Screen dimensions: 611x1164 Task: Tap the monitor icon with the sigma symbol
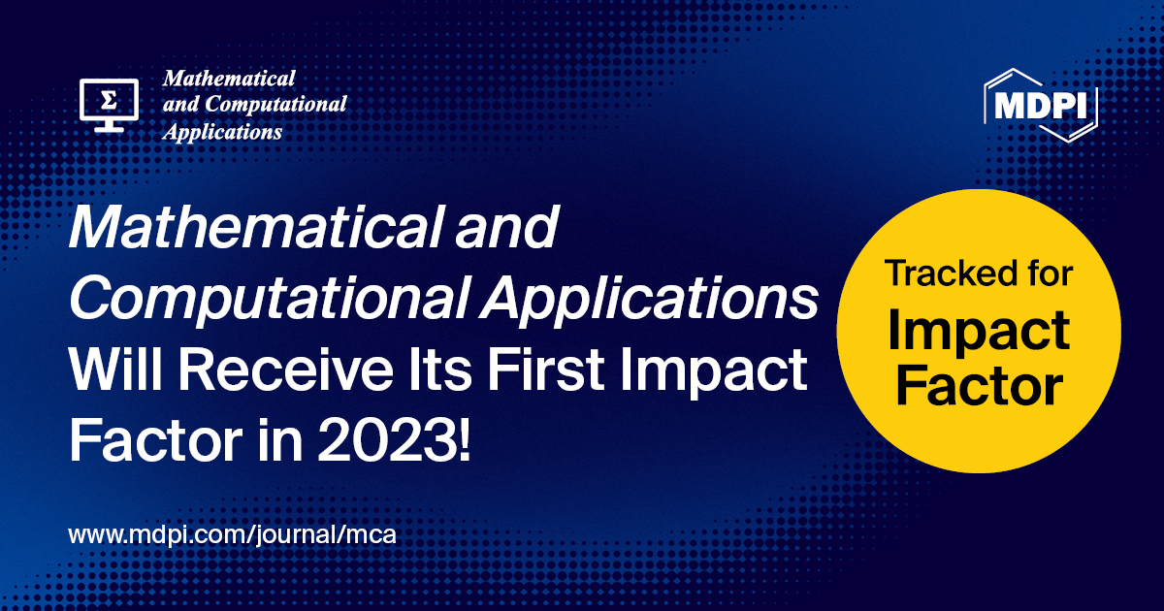[109, 104]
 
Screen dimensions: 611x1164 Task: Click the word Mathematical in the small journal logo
[229, 78]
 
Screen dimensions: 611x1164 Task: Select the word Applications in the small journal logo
[223, 131]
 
